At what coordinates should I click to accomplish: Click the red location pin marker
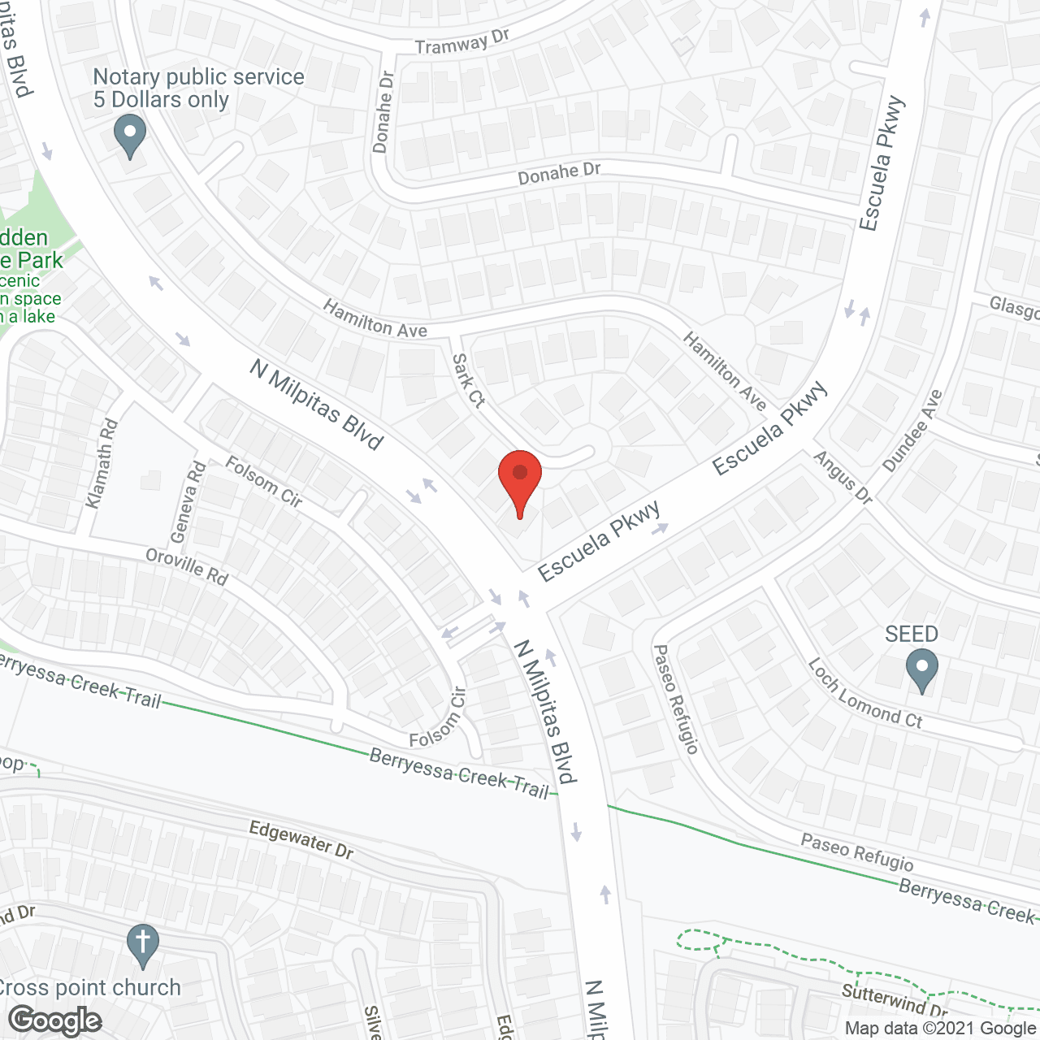(519, 479)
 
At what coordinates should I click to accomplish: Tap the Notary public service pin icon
(129, 135)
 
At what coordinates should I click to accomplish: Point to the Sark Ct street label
(468, 380)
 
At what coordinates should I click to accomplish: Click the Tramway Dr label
(461, 42)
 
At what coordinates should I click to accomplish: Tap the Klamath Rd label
(102, 464)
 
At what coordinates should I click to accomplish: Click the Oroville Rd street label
(187, 566)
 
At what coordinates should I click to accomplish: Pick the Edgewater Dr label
(301, 839)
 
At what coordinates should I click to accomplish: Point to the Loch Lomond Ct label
(864, 693)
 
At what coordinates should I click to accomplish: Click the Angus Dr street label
(843, 477)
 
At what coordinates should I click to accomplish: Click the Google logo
(55, 1020)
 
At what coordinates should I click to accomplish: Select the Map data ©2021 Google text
(940, 1029)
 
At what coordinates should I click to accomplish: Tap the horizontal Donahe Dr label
(559, 173)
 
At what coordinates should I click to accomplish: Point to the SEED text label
(912, 634)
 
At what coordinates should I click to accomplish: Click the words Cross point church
(89, 987)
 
